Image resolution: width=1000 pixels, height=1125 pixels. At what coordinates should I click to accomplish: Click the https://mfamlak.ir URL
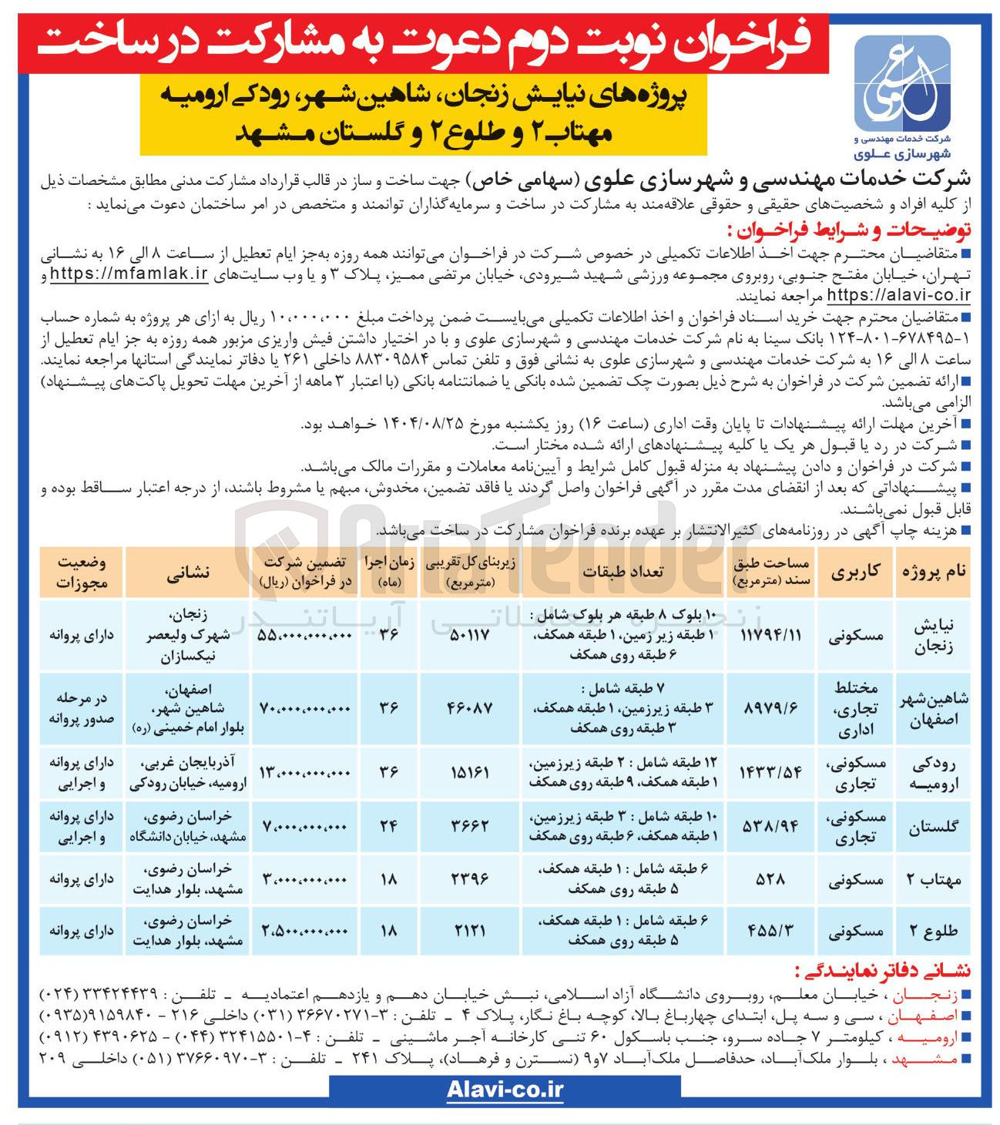click(x=129, y=275)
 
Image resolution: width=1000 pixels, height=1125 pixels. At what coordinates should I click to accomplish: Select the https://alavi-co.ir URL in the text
click(x=898, y=295)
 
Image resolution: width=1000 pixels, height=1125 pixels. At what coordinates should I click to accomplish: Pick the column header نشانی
click(x=188, y=573)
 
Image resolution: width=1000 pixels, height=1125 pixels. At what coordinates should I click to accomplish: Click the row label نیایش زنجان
click(x=933, y=636)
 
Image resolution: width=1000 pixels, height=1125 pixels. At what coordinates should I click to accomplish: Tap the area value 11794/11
click(x=770, y=636)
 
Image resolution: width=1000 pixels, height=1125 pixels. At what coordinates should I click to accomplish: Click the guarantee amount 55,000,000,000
click(x=305, y=635)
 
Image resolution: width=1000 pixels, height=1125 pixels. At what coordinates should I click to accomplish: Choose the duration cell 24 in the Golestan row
click(x=388, y=826)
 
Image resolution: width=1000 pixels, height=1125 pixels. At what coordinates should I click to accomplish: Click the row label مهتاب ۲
click(x=933, y=878)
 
